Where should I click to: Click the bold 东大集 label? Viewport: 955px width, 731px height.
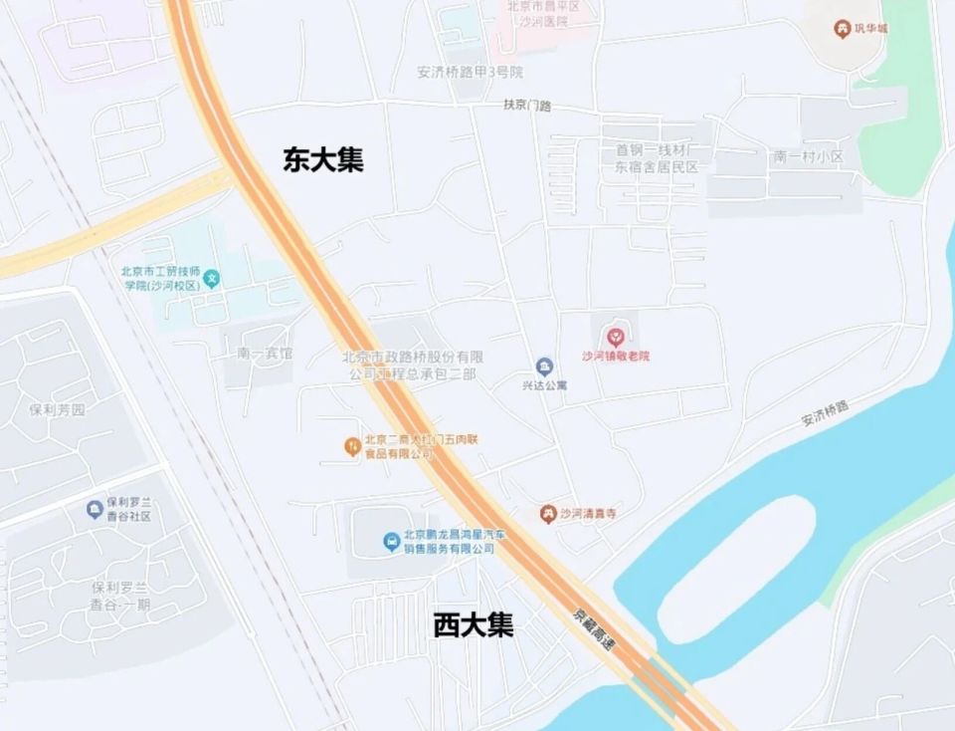tap(323, 160)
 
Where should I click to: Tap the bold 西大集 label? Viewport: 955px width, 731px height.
tap(474, 625)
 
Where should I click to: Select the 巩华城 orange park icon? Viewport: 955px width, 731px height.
tap(842, 29)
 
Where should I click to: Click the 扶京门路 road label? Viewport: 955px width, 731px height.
tap(527, 105)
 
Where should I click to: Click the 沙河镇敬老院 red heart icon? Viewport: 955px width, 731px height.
tap(616, 338)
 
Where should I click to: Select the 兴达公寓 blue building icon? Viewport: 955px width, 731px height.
tap(544, 366)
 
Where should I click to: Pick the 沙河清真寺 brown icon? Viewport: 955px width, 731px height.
tap(547, 514)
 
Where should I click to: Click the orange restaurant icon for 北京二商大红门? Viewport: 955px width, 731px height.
tap(351, 445)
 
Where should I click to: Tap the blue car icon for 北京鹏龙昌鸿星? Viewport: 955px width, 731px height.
tap(393, 542)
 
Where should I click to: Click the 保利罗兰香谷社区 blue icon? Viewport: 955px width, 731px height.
tap(95, 509)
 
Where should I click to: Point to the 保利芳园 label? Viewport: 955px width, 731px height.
tap(59, 409)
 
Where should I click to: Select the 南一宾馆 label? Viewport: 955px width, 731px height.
tap(265, 354)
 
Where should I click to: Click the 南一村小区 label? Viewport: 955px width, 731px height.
tap(808, 157)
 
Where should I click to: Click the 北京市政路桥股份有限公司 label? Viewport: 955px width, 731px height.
tap(412, 365)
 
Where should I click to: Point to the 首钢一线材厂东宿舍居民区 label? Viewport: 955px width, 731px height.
tap(657, 158)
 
